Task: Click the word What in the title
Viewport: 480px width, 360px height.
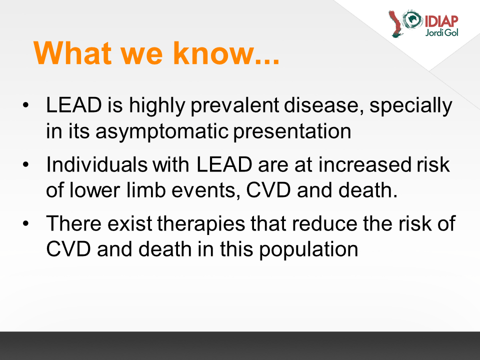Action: pos(72,53)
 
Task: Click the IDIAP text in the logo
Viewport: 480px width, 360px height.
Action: pos(441,21)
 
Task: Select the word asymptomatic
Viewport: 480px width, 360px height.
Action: pos(162,131)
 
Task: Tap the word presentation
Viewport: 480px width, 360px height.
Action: pos(292,131)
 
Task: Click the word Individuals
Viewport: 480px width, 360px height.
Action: pos(96,164)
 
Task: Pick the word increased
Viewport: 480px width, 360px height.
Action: pos(364,164)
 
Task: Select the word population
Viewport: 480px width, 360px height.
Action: pos(308,249)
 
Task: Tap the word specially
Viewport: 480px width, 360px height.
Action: pos(411,105)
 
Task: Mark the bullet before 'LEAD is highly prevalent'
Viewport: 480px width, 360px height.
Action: pos(25,105)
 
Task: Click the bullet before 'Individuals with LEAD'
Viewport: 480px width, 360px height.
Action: pos(25,164)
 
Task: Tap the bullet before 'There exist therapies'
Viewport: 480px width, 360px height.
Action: pos(25,223)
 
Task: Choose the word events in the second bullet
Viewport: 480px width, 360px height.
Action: pos(205,190)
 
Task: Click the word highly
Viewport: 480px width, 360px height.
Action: pos(157,105)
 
